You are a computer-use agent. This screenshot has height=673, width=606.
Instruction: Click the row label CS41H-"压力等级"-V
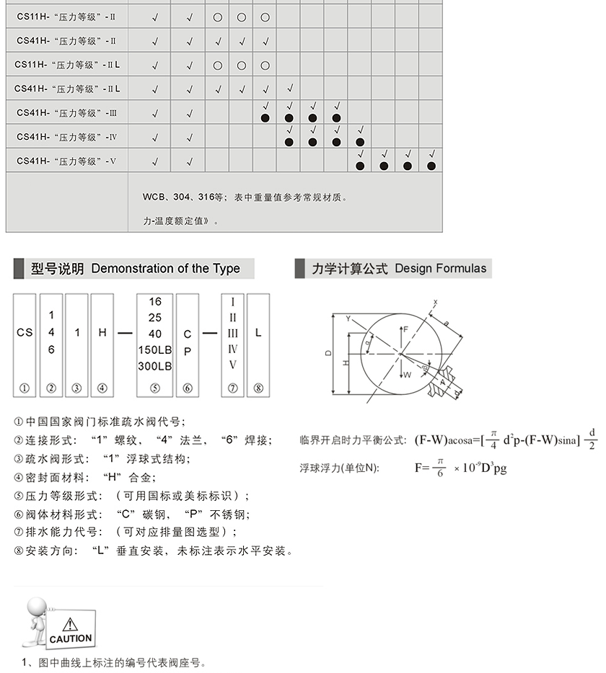pos(66,161)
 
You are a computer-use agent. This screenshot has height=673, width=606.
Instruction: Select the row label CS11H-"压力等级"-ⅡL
pos(66,65)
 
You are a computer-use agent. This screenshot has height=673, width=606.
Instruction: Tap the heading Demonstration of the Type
pos(165,269)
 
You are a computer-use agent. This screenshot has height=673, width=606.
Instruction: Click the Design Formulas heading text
pos(440,269)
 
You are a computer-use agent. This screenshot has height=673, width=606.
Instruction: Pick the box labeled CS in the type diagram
pos(25,333)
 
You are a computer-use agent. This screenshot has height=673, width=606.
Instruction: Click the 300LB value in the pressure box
pos(155,366)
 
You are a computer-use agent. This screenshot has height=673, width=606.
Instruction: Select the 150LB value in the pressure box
pos(155,350)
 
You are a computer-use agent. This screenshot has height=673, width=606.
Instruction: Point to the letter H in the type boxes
pos(102,333)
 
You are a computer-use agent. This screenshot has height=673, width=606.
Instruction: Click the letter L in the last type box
pos(258,333)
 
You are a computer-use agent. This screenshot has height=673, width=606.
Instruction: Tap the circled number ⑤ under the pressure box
pos(155,388)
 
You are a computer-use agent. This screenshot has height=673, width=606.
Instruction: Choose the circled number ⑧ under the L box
pos(258,388)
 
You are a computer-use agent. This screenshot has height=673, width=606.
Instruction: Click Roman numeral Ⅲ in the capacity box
pos(232,334)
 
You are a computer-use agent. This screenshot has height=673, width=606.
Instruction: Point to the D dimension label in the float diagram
pos(328,353)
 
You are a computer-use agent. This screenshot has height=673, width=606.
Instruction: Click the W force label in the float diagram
pos(408,375)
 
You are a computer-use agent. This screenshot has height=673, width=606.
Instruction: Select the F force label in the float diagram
pos(405,329)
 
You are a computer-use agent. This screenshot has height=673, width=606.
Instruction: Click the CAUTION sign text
pos(71,638)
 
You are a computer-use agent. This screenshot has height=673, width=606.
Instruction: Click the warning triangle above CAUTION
pos(70,625)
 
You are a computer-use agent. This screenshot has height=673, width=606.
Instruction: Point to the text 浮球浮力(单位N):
pos(338,468)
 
